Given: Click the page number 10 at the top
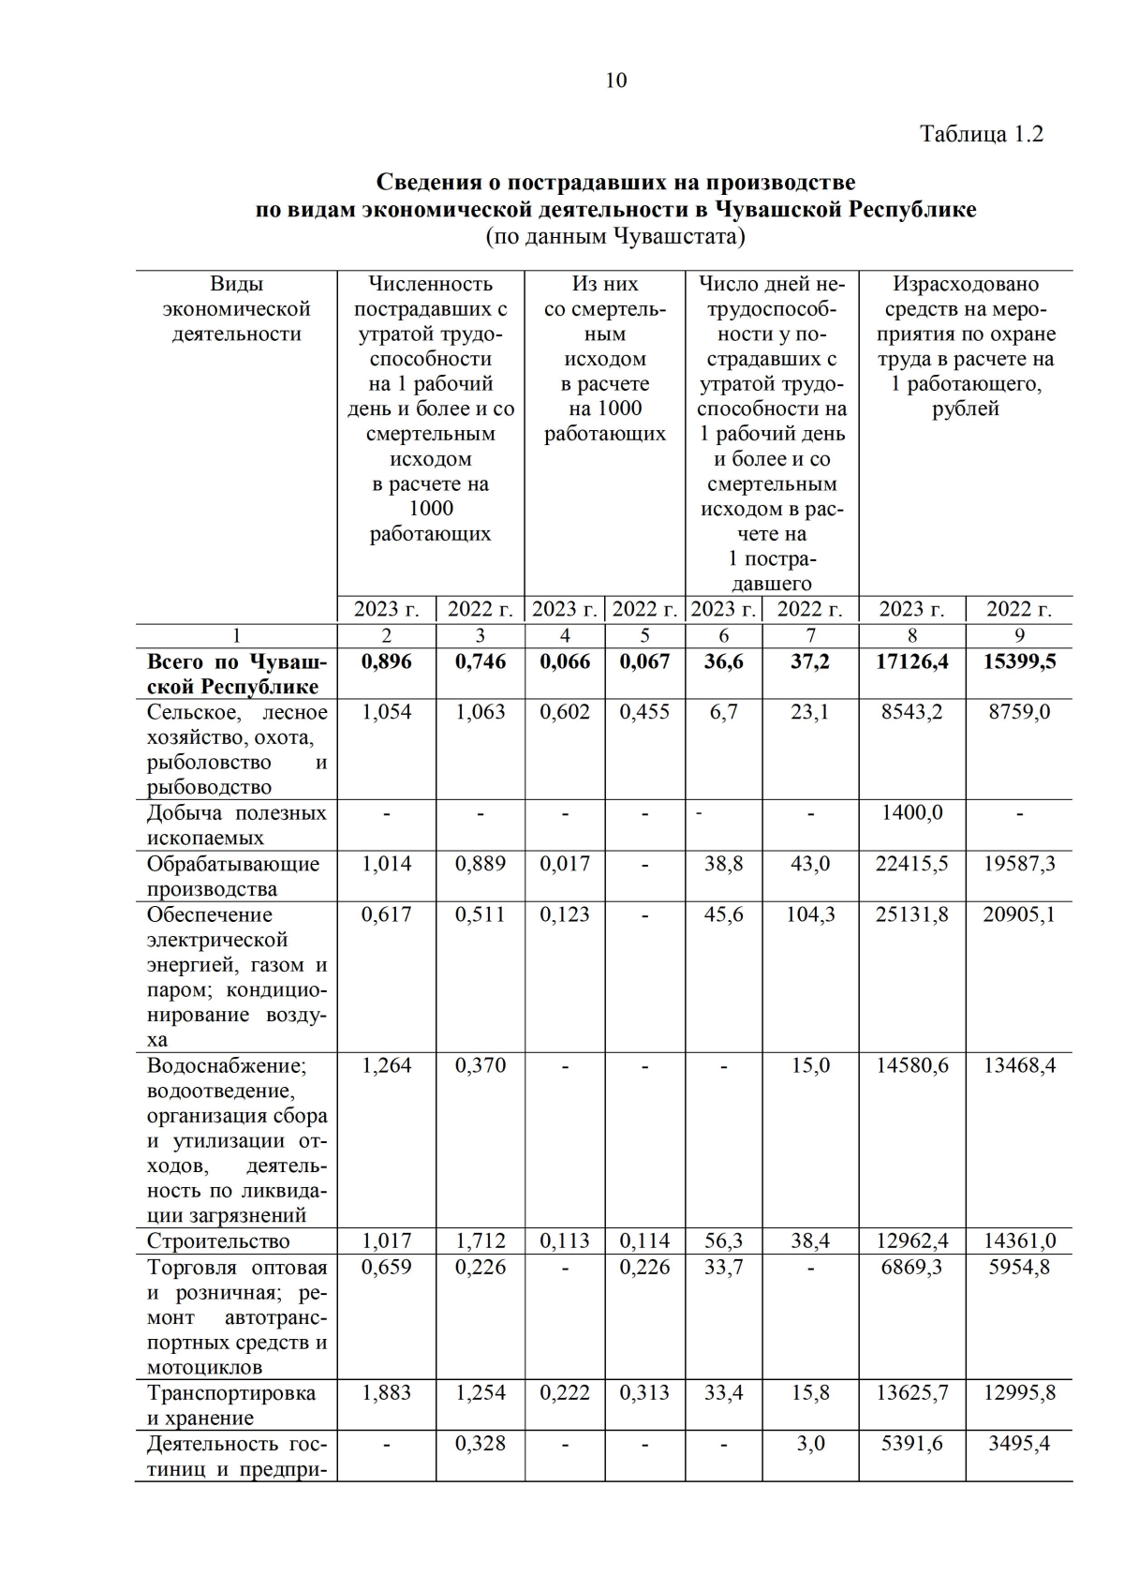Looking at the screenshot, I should point(615,81).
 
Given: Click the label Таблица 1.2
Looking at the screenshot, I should point(981,134).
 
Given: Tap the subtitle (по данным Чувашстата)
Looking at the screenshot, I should point(615,236).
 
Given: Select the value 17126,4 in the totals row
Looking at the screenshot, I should point(911,661).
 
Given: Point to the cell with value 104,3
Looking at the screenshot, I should point(810,914).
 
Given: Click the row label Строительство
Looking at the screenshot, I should point(218,1241).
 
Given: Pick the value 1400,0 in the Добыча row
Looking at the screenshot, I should point(911,812).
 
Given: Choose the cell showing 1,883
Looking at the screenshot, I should point(386,1393).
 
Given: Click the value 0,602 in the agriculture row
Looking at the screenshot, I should point(565,712).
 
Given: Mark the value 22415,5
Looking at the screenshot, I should point(911,864).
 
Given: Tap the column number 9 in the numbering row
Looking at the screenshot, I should point(1019,636).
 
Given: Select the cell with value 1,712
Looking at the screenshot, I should point(480,1241).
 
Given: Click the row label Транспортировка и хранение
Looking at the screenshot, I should point(231,1405).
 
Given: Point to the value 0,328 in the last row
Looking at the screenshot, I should point(480,1444).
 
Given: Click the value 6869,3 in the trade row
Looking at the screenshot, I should point(911,1268).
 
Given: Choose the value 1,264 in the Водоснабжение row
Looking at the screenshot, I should point(386,1066).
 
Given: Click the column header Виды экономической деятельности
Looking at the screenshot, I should point(236,309).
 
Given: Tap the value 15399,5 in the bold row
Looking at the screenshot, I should point(1019,661).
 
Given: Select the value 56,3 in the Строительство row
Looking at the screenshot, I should point(723,1241).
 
